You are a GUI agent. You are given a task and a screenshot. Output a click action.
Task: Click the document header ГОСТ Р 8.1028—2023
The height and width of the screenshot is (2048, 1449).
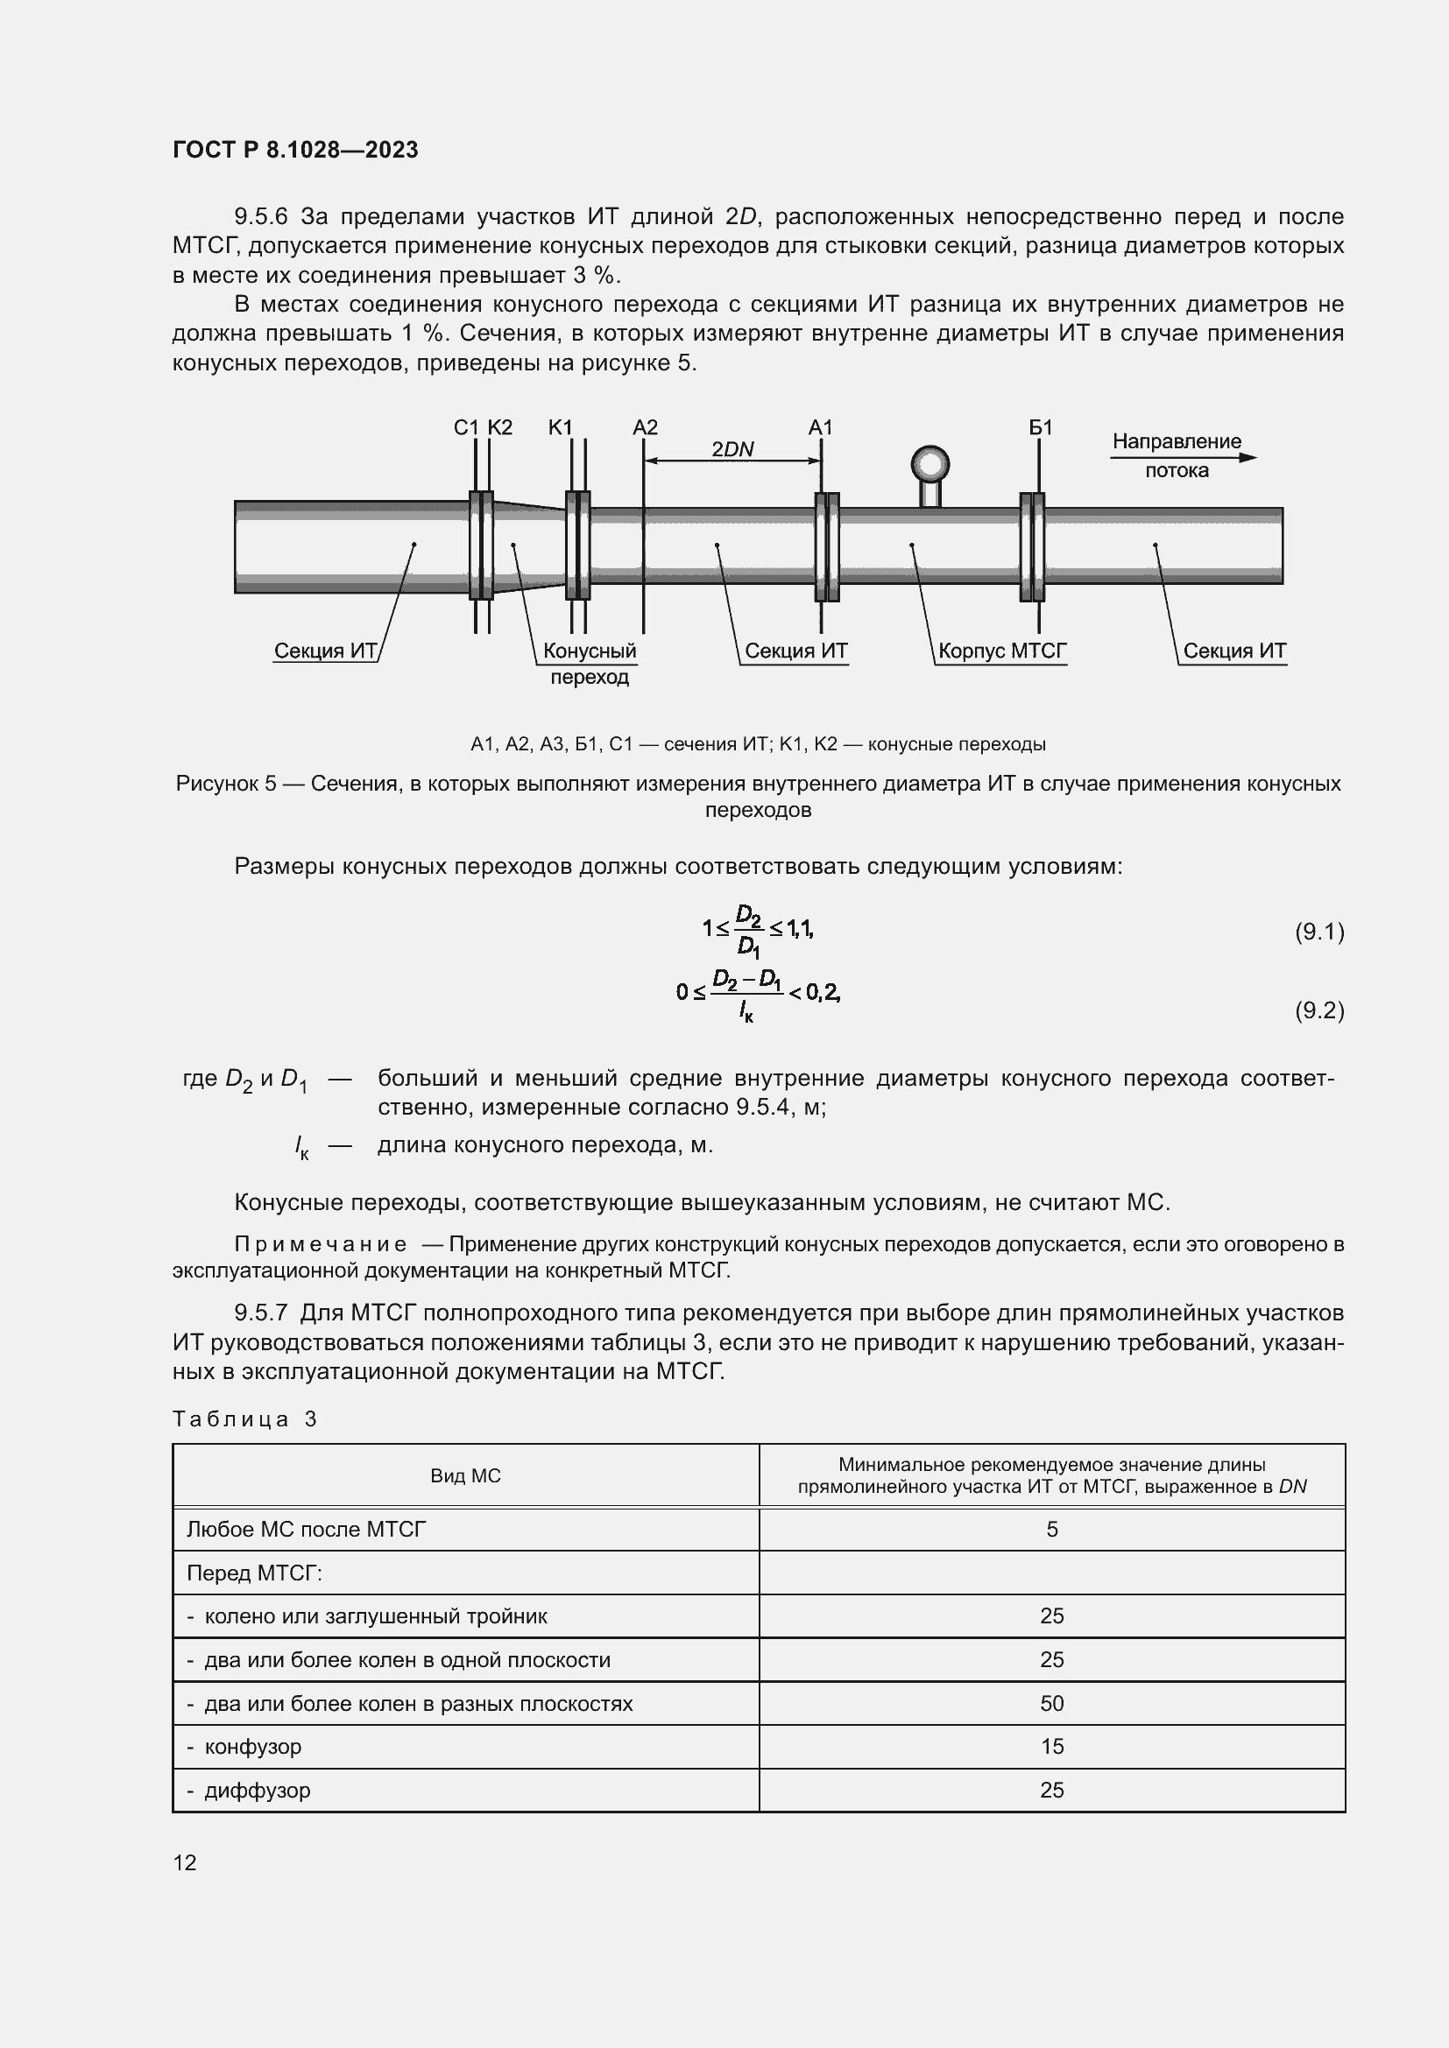pos(295,150)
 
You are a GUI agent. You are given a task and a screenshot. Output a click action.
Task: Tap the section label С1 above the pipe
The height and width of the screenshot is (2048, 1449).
pos(466,427)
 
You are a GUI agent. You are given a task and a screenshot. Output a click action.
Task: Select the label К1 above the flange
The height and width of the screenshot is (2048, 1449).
pos(561,427)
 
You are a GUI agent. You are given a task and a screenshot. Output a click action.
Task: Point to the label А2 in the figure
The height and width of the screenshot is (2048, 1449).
pos(644,427)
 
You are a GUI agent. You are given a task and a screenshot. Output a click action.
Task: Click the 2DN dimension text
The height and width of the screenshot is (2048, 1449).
pos(732,449)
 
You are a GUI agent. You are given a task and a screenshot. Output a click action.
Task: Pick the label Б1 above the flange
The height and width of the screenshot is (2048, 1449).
pos(1041,427)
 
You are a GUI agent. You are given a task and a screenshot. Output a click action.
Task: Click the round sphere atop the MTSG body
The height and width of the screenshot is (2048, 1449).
pos(929,464)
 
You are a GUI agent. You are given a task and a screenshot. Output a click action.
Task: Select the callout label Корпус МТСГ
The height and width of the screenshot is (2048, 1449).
pos(1002,651)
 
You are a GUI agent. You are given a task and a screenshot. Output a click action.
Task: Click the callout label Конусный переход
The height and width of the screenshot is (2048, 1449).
pos(589,663)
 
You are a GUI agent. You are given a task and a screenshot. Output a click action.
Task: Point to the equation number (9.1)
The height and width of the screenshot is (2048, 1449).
pos(1318,933)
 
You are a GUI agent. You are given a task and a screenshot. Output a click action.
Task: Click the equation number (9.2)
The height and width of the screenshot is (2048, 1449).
pos(1318,1010)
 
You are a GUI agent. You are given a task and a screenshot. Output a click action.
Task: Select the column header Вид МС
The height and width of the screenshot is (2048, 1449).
pos(465,1475)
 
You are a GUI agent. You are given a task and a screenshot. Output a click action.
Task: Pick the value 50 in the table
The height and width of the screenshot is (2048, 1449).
pos(1051,1704)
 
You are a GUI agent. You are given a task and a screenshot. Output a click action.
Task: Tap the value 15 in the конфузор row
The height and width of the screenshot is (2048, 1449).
pos(1051,1747)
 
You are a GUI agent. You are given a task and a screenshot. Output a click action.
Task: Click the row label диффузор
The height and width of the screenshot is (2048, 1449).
pos(257,1791)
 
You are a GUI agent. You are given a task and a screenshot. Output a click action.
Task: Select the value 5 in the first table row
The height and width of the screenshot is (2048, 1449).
pos(1051,1530)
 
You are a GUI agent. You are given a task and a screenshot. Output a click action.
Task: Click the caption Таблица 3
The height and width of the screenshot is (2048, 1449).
pos(244,1419)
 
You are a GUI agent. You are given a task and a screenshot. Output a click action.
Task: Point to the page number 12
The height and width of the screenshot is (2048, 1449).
pos(185,1862)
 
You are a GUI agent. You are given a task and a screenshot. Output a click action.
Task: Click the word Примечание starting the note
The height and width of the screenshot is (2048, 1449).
pos(321,1244)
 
